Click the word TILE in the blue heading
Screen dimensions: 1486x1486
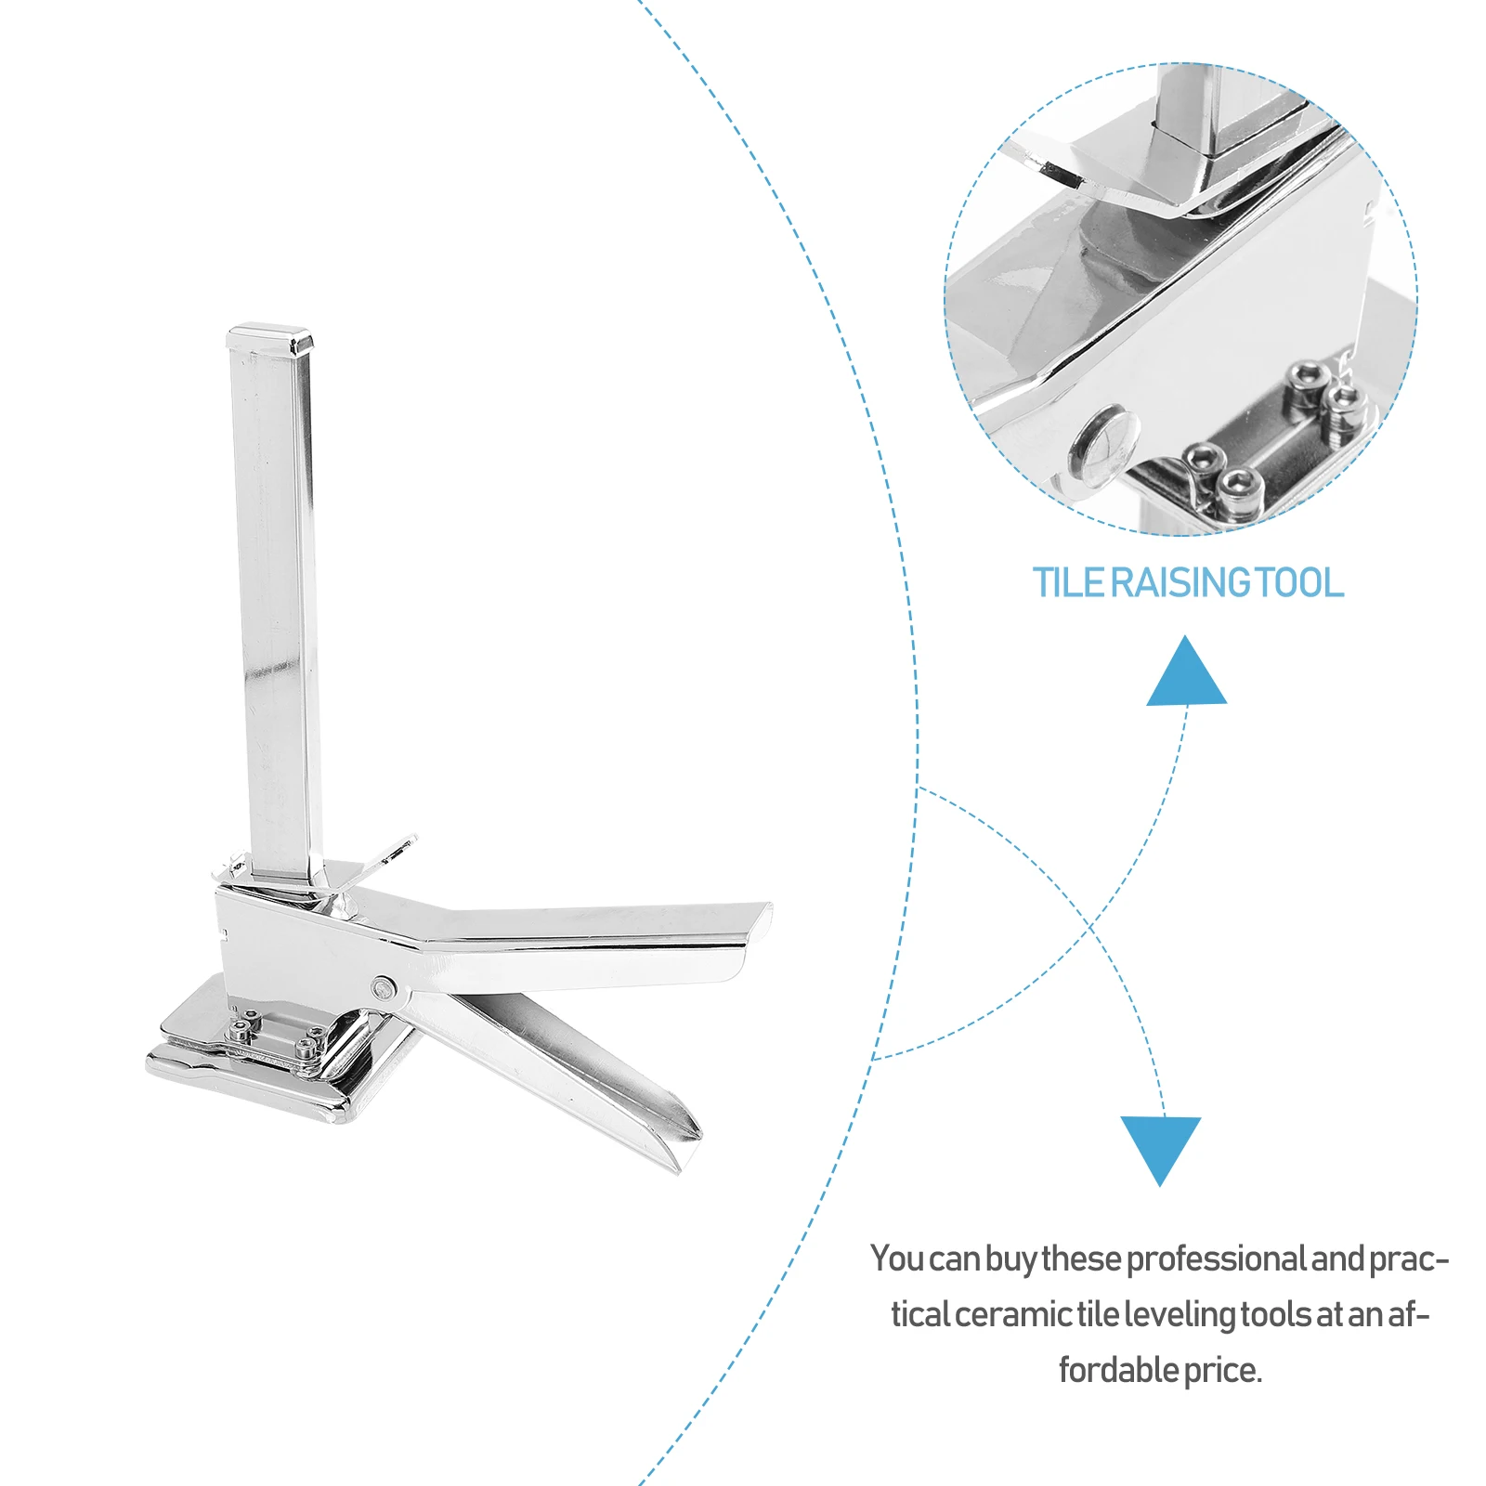click(x=1069, y=583)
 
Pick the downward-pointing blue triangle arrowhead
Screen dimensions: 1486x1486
click(x=1160, y=1147)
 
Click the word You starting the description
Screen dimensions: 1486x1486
click(x=897, y=1259)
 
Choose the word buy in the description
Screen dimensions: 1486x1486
click(x=1011, y=1259)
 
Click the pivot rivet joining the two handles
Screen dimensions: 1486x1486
click(x=383, y=988)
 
